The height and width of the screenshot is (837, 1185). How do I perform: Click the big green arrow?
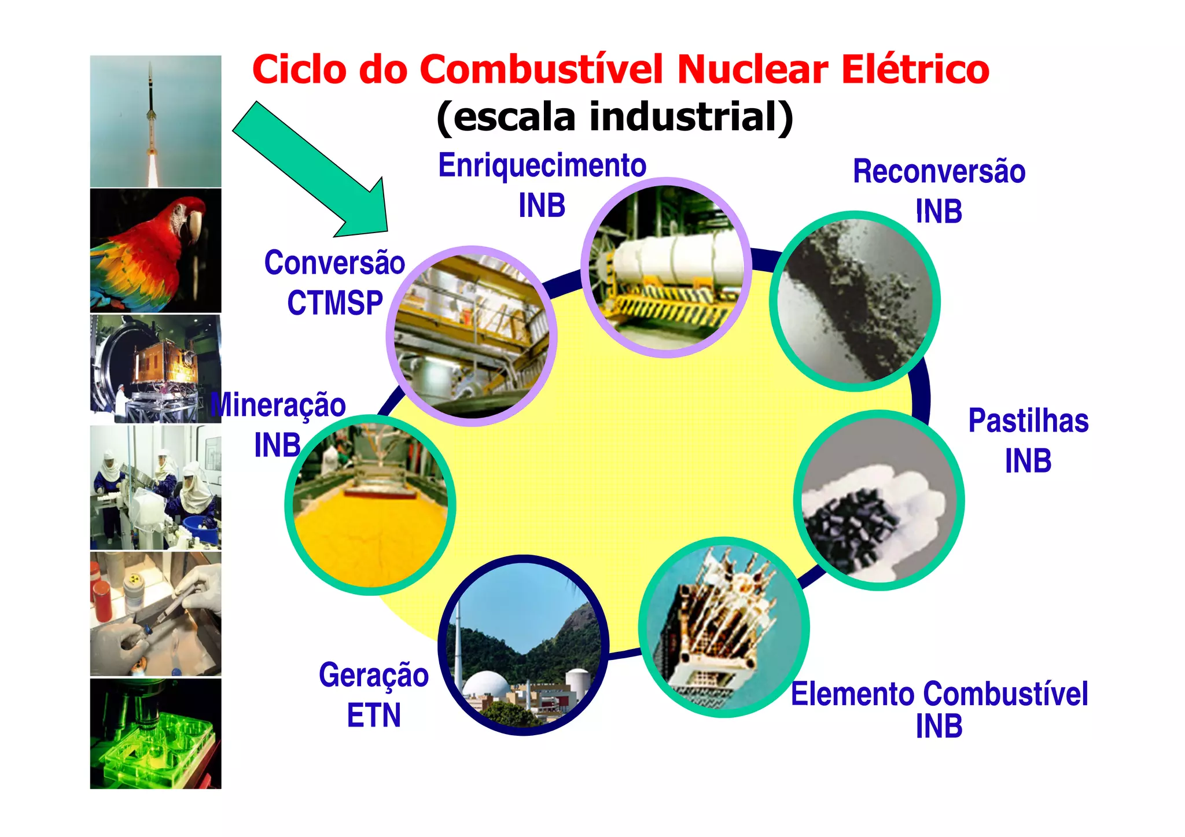pos(312,171)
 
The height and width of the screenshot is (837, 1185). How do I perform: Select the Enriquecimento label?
pos(542,166)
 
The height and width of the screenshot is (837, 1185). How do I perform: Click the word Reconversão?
pos(939,172)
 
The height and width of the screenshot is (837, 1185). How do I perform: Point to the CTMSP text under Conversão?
pos(335,303)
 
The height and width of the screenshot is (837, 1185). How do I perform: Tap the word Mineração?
pos(279,405)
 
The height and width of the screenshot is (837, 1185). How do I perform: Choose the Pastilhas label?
pos(1028,421)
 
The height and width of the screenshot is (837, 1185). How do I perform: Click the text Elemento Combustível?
pos(939,694)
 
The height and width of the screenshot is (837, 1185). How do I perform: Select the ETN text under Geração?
pos(374,715)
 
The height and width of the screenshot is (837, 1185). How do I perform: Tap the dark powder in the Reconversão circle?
pos(851,307)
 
